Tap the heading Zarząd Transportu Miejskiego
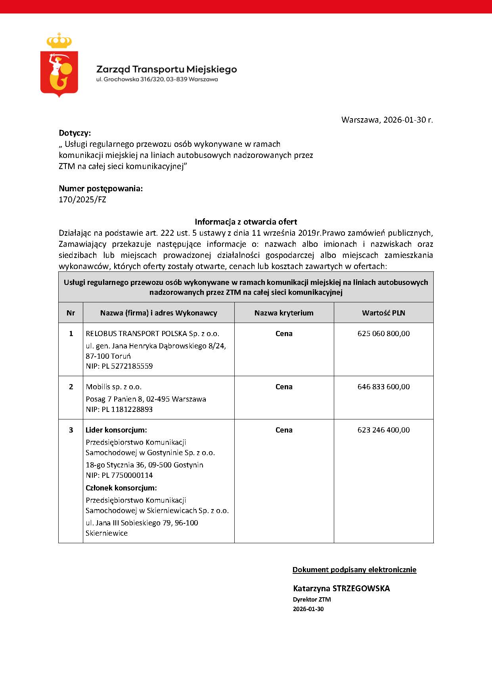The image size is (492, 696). (167, 69)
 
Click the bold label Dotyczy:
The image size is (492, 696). (75, 133)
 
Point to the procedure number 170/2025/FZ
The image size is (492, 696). (82, 200)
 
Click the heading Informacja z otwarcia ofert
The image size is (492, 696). (246, 222)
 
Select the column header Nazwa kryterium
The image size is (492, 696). (284, 313)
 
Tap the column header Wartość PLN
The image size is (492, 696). (383, 313)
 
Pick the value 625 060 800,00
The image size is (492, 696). (383, 333)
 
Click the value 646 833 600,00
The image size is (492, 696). (383, 386)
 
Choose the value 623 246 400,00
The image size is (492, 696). (383, 430)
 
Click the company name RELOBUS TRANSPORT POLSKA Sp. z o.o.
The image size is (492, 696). (152, 333)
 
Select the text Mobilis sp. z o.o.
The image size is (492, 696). (113, 386)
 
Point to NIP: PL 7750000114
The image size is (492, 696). (119, 475)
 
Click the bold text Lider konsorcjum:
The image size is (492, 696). (116, 430)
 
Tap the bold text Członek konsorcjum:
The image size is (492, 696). (121, 488)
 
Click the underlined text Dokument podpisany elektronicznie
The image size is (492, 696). (354, 570)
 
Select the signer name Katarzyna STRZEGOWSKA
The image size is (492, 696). (341, 588)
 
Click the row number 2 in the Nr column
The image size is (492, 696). (71, 386)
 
